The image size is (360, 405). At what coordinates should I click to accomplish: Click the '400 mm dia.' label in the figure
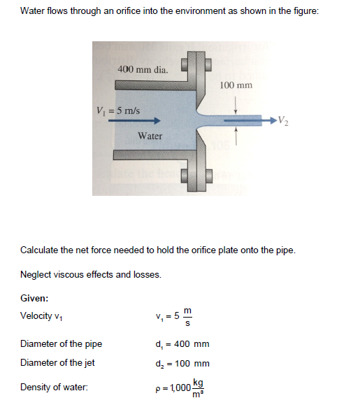(143, 69)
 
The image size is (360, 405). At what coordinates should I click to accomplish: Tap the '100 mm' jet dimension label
(236, 85)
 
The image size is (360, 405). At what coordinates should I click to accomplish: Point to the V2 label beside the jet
(283, 120)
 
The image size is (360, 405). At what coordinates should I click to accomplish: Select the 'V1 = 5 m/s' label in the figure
(118, 111)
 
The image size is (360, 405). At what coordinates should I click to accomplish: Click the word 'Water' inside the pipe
(150, 136)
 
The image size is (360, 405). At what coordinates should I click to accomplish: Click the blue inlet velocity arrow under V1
(134, 120)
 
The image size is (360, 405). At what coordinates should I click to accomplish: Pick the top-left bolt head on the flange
(185, 64)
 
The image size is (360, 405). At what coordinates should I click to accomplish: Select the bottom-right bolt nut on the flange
(209, 176)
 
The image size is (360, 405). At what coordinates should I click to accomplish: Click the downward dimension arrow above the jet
(236, 105)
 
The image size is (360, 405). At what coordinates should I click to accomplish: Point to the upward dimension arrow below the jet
(236, 136)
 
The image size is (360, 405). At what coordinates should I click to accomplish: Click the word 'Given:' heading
(34, 298)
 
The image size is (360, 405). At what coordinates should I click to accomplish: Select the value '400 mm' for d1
(192, 344)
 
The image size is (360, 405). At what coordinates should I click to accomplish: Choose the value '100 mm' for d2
(192, 364)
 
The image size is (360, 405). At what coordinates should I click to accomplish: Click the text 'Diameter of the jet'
(57, 362)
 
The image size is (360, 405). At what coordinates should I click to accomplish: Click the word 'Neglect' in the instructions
(36, 274)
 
